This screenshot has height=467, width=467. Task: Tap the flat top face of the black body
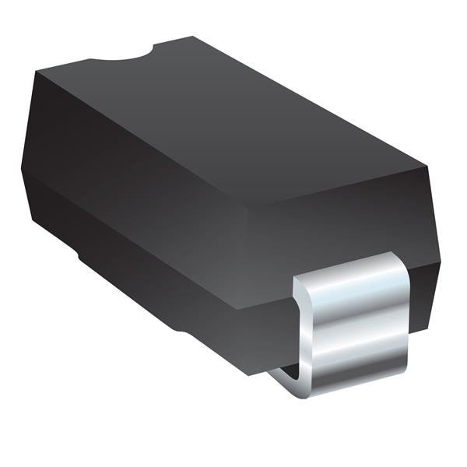click(226, 117)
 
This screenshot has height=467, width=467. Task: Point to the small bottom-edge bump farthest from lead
click(79, 255)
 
